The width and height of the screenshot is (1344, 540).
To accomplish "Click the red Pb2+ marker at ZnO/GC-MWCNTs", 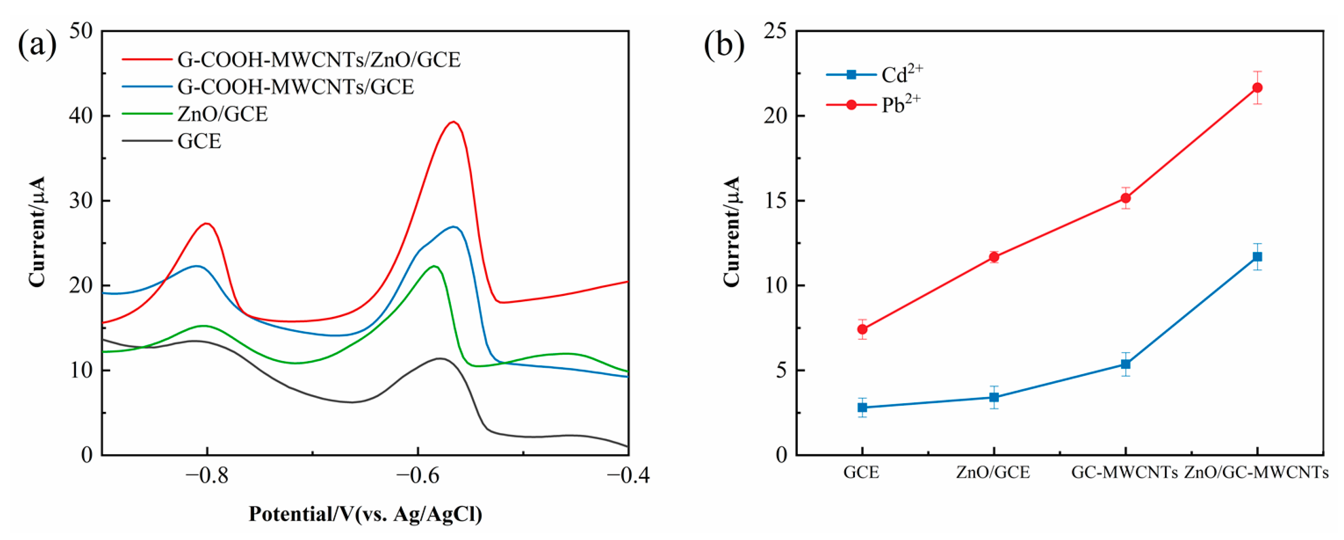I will tap(1257, 88).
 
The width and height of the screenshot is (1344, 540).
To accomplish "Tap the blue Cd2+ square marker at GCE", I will tap(863, 407).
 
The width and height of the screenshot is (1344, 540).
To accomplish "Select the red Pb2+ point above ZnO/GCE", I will tap(994, 257).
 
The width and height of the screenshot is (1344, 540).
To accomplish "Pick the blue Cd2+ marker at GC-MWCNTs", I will tap(1125, 364).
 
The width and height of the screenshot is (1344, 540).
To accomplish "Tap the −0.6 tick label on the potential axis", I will tap(417, 476).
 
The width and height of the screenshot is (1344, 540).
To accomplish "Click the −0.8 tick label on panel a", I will tap(207, 476).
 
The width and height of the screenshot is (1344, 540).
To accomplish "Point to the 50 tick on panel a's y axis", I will tap(80, 31).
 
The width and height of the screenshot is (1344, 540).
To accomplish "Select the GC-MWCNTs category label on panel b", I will tap(1124, 473).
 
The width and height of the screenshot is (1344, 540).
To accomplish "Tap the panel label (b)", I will tap(724, 45).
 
